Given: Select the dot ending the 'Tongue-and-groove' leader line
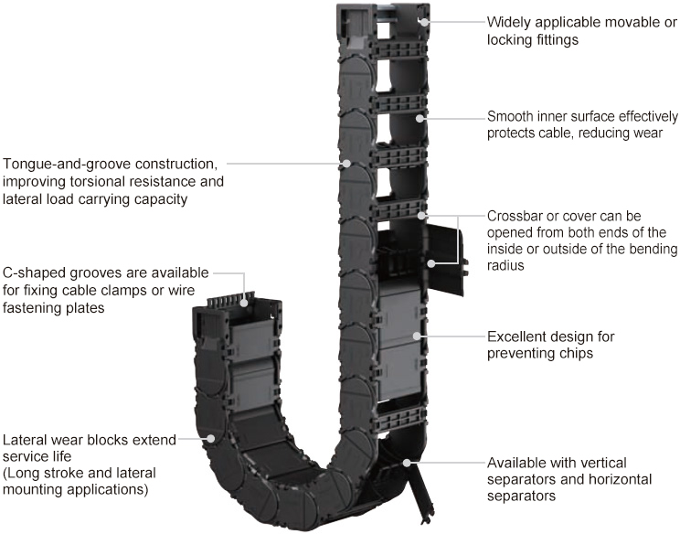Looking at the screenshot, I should coord(347,165).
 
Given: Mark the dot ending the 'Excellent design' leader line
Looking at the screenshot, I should coord(417,336).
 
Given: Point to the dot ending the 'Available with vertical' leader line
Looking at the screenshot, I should coord(406,463).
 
